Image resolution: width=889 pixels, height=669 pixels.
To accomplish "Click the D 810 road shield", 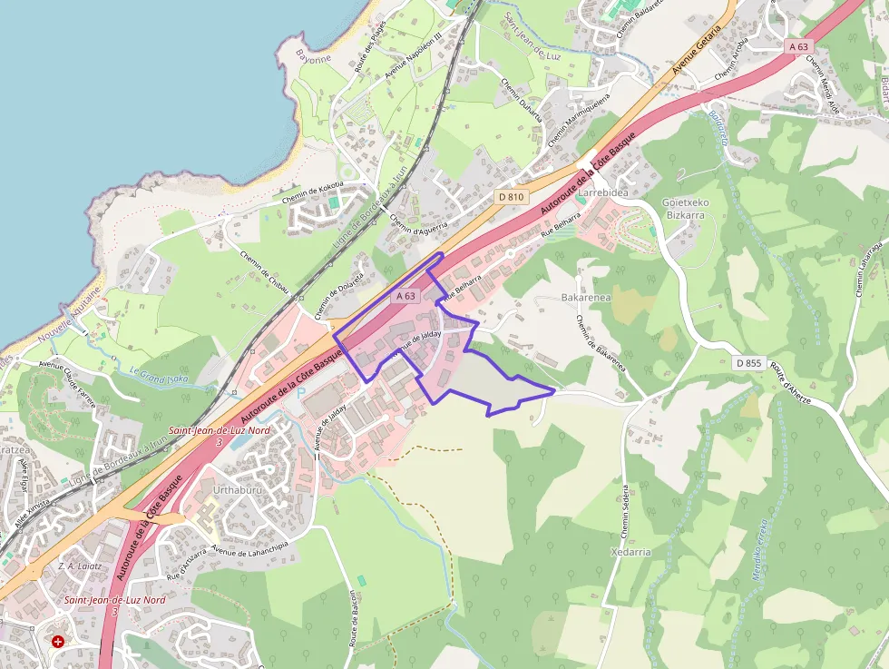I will click(512, 196).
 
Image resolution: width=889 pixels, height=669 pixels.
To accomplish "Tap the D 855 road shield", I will click(748, 363).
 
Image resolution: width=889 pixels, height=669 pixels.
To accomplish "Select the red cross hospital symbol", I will click(58, 641).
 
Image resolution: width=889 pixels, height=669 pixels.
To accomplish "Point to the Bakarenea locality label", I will click(586, 297).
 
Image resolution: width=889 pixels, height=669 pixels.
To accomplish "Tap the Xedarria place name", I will click(630, 551).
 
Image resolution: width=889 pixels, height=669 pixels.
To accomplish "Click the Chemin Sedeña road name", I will click(624, 509).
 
